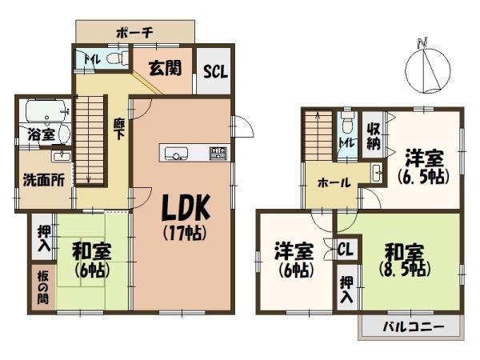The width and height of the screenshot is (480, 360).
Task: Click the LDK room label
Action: pyautogui.click(x=186, y=207)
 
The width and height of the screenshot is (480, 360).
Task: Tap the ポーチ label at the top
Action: pyautogui.click(x=135, y=32)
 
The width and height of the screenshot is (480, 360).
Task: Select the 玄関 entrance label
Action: pyautogui.click(x=165, y=68)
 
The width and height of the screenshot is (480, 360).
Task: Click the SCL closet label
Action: pyautogui.click(x=216, y=71)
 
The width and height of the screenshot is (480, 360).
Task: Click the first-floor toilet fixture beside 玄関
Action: pyautogui.click(x=118, y=58)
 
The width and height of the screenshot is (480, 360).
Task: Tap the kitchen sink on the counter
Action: pyautogui.click(x=176, y=153)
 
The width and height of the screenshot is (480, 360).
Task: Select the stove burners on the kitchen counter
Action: pyautogui.click(x=218, y=153)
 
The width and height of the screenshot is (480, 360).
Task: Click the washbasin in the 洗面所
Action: pyautogui.click(x=62, y=157)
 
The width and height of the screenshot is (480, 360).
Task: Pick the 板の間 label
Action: pyautogui.click(x=43, y=287)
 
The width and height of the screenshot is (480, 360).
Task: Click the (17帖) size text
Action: pyautogui.click(x=186, y=234)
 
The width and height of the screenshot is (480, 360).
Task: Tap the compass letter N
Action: pyautogui.click(x=422, y=43)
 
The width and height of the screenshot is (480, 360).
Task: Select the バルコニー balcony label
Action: pyautogui.click(x=414, y=327)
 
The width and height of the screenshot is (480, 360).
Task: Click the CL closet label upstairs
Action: pyautogui.click(x=346, y=249)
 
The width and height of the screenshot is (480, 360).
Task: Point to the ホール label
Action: pyautogui.click(x=334, y=183)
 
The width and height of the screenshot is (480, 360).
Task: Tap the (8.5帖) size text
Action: pyautogui.click(x=405, y=270)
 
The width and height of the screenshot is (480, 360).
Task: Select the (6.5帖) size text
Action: pyautogui.click(x=424, y=177)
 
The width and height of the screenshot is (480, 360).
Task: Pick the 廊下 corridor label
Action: pyautogui.click(x=118, y=129)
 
